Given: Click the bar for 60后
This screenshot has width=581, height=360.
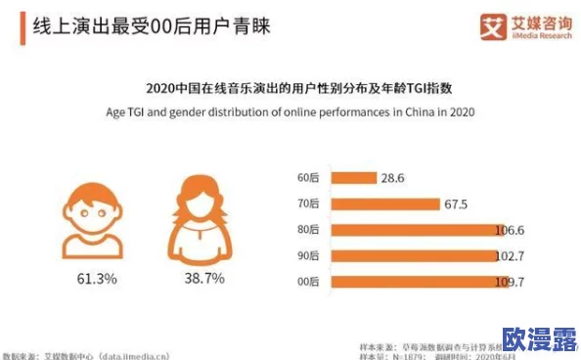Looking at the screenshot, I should pyautogui.click(x=352, y=178).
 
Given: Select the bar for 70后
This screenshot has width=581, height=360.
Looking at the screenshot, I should pyautogui.click(x=384, y=204).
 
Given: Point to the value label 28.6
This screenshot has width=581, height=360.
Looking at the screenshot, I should pyautogui.click(x=393, y=178).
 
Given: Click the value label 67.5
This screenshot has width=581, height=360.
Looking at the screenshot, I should pyautogui.click(x=458, y=204).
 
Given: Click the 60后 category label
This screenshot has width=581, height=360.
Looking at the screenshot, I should pyautogui.click(x=308, y=178).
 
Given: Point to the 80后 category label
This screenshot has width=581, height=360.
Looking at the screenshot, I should pyautogui.click(x=308, y=230).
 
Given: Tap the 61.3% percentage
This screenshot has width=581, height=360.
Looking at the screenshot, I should pyautogui.click(x=97, y=279).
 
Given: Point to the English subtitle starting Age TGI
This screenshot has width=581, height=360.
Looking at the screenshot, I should pyautogui.click(x=290, y=112).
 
